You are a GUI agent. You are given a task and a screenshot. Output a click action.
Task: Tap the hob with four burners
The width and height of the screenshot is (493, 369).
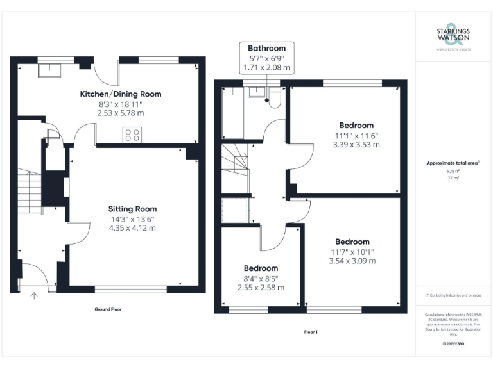tap(132, 135)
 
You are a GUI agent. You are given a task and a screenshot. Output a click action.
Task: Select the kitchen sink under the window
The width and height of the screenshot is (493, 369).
tap(48, 70)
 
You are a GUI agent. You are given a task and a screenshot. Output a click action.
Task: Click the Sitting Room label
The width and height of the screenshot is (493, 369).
tap(132, 209)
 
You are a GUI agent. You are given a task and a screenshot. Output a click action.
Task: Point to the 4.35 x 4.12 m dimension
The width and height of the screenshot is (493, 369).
tap(132, 227)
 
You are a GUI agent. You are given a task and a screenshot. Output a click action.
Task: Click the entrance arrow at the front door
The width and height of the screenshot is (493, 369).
tap(34, 295)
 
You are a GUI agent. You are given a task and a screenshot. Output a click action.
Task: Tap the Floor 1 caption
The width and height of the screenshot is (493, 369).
tap(311, 332)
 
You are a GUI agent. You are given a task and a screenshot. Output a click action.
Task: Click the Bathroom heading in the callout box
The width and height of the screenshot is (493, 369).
tap(266, 48)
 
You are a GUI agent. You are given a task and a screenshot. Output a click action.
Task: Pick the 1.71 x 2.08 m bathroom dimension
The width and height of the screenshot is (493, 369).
tap(266, 67)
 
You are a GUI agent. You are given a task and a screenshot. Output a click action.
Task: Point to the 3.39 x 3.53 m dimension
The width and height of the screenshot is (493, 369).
tap(356, 145)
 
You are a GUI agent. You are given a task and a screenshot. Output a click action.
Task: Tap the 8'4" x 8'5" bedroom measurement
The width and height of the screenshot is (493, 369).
tap(261, 278)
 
